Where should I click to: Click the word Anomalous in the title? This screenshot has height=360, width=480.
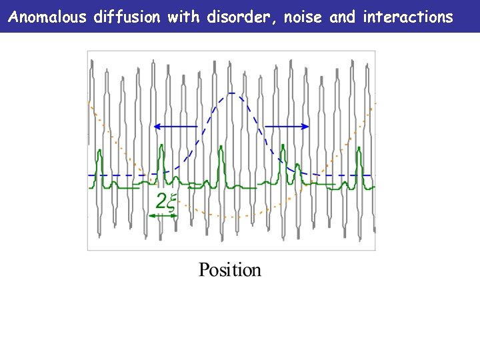click(48, 17)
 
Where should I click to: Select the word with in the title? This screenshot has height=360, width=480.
click(183, 17)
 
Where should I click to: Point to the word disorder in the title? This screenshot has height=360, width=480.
click(241, 17)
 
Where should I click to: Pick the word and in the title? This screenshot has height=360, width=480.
click(343, 17)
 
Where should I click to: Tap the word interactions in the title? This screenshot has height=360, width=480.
click(407, 17)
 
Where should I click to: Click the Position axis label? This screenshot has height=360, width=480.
click(230, 270)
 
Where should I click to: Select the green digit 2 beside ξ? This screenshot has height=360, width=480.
click(160, 201)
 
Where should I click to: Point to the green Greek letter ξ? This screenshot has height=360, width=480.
click(170, 202)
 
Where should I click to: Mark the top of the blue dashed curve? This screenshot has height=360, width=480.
click(231, 93)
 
